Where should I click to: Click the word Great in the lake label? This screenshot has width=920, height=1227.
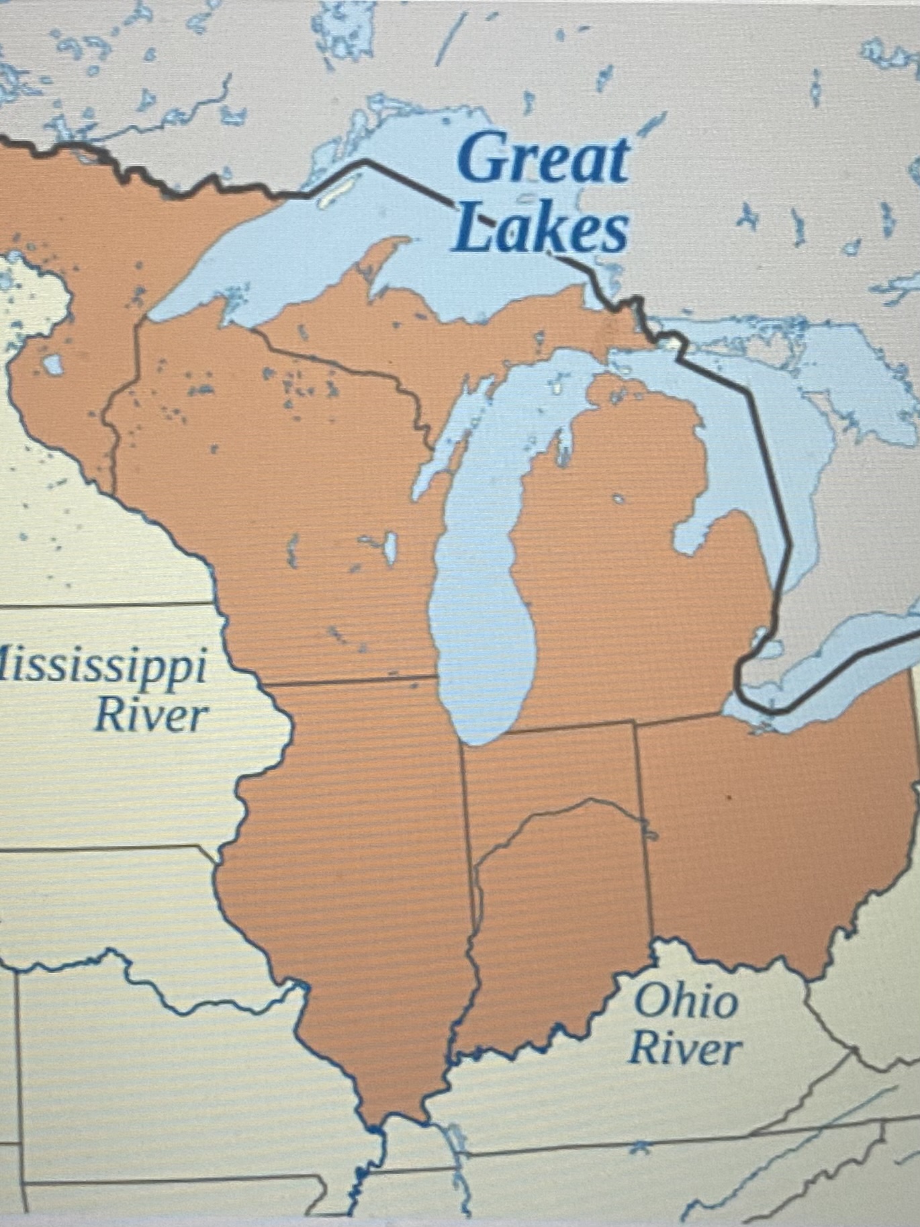click(543, 160)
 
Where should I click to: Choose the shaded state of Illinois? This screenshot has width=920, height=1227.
click(356, 839)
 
